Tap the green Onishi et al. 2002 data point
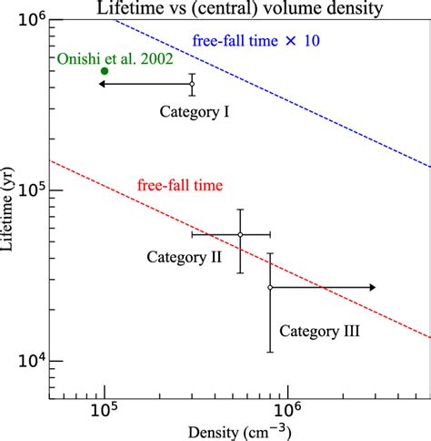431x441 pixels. pyautogui.click(x=105, y=71)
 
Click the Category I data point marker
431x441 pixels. pyautogui.click(x=192, y=84)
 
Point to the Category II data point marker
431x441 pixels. pyautogui.click(x=240, y=235)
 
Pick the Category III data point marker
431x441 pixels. pyautogui.click(x=270, y=287)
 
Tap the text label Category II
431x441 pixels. pyautogui.click(x=185, y=257)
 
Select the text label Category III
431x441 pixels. pyautogui.click(x=318, y=332)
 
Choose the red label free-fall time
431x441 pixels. pyautogui.click(x=180, y=185)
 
